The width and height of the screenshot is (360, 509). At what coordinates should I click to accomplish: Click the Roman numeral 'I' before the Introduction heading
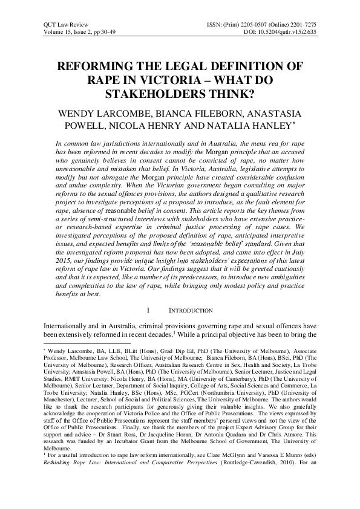(x=149, y=310)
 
